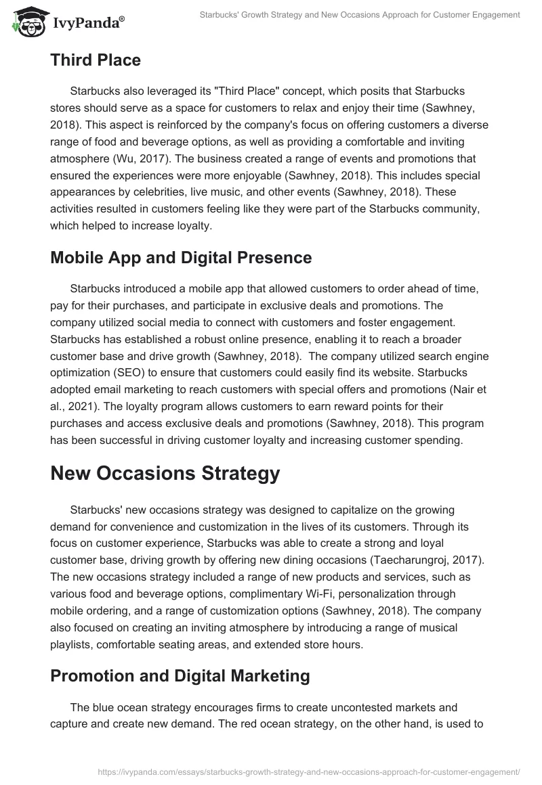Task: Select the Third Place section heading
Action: [96, 60]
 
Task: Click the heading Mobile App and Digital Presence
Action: [181, 257]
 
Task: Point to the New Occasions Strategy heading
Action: [165, 474]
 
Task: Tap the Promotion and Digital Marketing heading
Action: [180, 675]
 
